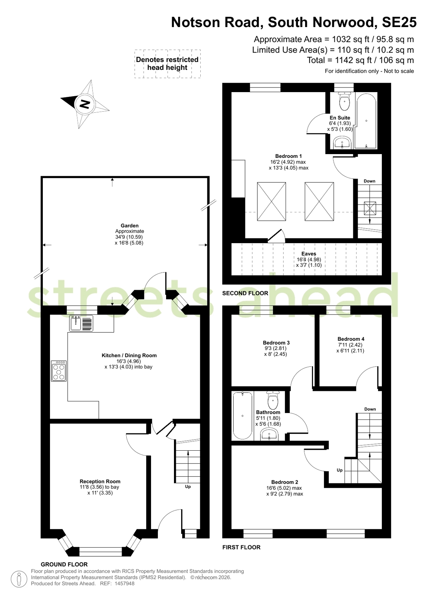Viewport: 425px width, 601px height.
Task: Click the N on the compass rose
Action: pyautogui.click(x=85, y=104)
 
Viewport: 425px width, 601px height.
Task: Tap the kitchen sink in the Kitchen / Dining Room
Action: pyautogui.click(x=81, y=323)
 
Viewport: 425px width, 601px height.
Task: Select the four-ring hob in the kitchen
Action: pyautogui.click(x=59, y=371)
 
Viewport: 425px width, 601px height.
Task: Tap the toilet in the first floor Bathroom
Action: pyautogui.click(x=273, y=400)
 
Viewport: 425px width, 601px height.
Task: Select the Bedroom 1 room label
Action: pyautogui.click(x=289, y=156)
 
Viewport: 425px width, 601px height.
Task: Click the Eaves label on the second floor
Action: pyautogui.click(x=309, y=254)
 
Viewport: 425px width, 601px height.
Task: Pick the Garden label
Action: pyautogui.click(x=130, y=226)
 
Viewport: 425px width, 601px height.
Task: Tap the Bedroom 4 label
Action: pyautogui.click(x=351, y=339)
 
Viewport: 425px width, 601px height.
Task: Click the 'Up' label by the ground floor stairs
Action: pyautogui.click(x=188, y=486)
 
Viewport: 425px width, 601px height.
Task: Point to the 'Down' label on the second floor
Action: pyautogui.click(x=369, y=181)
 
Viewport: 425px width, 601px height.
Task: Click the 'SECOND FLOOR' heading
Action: pyautogui.click(x=245, y=293)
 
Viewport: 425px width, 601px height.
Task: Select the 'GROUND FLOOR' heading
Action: pyautogui.click(x=64, y=564)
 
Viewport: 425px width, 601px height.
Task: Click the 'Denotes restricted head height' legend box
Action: pyautogui.click(x=168, y=64)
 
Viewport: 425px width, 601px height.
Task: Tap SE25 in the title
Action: pyautogui.click(x=399, y=22)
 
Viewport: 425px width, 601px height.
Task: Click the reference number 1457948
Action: pyautogui.click(x=124, y=583)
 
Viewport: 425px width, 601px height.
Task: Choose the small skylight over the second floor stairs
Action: pyautogui.click(x=370, y=208)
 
